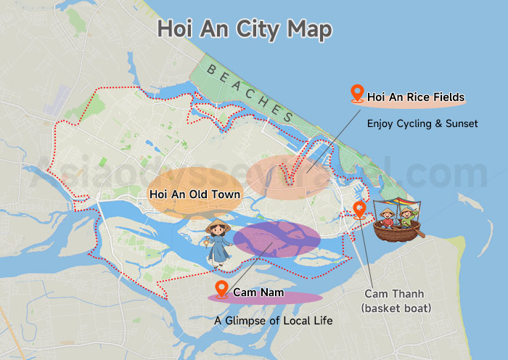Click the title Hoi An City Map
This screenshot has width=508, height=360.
245,30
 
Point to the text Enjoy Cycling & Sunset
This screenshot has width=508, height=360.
422,123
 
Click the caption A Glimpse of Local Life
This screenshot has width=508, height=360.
274,320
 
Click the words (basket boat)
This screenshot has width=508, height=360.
396,308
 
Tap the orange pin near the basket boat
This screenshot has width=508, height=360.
359,210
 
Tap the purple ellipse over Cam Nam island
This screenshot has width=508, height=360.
276,240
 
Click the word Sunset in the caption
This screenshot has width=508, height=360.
460,123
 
